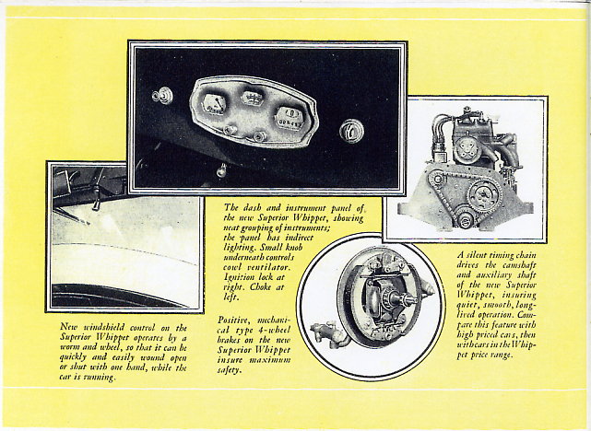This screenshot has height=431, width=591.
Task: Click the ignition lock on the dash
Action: [350, 131]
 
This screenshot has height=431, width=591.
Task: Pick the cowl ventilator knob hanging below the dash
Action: [220, 169]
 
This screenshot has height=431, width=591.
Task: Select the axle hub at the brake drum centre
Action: [381, 298]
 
